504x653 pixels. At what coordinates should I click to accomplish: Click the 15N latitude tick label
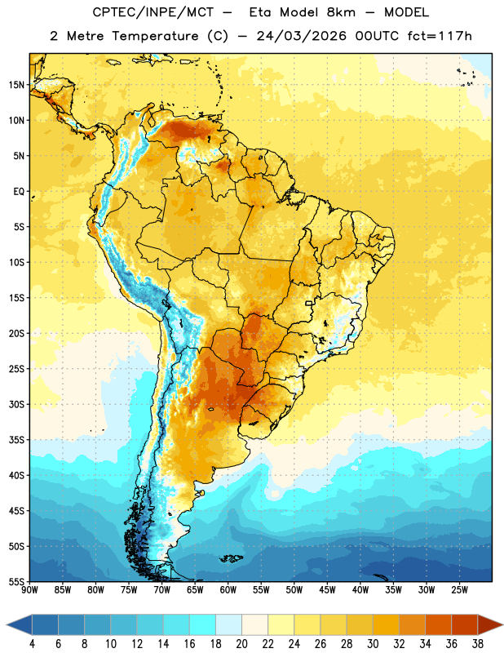[16, 85]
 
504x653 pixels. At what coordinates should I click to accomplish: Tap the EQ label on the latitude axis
[19, 192]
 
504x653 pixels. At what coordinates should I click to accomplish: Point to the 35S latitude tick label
[16, 440]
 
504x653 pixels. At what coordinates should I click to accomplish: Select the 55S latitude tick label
[16, 581]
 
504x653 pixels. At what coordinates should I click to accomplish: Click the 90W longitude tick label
[29, 590]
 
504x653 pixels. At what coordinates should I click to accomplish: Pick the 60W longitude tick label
[228, 590]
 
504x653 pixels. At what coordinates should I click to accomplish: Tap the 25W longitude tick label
[459, 590]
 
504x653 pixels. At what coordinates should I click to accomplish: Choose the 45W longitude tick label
[327, 590]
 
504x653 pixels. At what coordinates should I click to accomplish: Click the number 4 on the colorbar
[32, 644]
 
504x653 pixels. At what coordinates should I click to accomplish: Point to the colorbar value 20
[241, 644]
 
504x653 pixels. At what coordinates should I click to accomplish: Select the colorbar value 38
[478, 644]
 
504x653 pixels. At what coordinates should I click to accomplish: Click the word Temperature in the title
[155, 36]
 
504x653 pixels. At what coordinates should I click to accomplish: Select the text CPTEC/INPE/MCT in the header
[153, 12]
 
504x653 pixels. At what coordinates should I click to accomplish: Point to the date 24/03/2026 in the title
[301, 36]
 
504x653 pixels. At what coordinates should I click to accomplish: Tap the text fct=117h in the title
[440, 36]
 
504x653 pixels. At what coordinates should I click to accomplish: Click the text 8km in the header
[341, 12]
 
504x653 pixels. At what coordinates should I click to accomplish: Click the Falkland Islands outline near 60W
[232, 558]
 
